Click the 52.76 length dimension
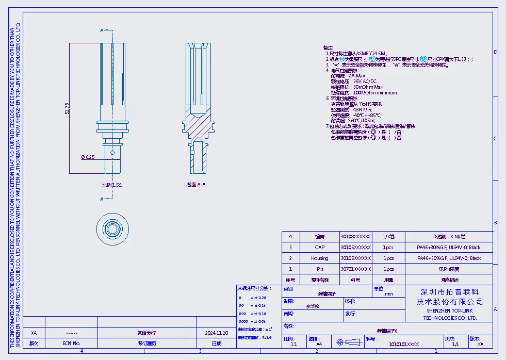[x=67, y=108]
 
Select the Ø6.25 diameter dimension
[x=88, y=157]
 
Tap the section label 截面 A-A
[x=196, y=184]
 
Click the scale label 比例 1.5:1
[x=112, y=184]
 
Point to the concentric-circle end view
[x=112, y=228]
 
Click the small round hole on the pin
[x=112, y=153]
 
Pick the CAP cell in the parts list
[x=319, y=247]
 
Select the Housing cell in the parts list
[x=319, y=258]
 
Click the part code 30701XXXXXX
[x=355, y=269]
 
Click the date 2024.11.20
[x=217, y=333]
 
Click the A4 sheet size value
[x=319, y=343]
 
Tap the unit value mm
[x=388, y=293]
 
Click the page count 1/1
[x=455, y=343]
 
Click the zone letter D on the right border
[x=495, y=52]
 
